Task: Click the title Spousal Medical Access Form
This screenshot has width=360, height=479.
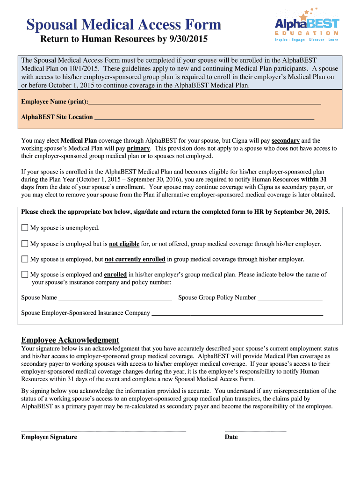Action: click(x=123, y=25)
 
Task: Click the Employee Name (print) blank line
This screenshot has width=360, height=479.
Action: click(x=204, y=102)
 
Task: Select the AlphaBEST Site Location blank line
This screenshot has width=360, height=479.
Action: click(x=204, y=117)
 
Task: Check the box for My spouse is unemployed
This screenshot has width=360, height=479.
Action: click(x=25, y=228)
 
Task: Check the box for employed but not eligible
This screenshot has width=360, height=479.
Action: click(x=25, y=244)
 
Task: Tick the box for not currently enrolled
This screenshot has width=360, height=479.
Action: click(x=25, y=259)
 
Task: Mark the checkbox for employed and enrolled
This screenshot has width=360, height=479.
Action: click(x=25, y=275)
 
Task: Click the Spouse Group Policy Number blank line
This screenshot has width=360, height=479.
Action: click(x=290, y=298)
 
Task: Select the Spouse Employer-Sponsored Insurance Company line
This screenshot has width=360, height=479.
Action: click(x=238, y=313)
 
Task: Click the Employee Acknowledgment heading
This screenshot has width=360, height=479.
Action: click(x=70, y=340)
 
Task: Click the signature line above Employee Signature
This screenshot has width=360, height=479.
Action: click(x=103, y=430)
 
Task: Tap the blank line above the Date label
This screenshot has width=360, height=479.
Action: click(x=255, y=430)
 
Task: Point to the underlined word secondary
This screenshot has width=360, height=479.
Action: click(x=285, y=140)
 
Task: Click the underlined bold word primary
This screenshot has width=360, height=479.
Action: click(x=138, y=148)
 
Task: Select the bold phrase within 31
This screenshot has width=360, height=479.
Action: click(x=314, y=179)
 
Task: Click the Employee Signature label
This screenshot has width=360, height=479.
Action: click(x=49, y=437)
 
